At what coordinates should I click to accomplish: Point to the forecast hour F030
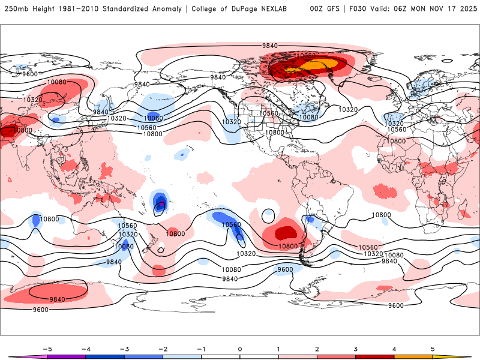pos(358,9)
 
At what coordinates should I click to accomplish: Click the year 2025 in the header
pos(462,9)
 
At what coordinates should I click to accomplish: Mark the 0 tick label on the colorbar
pos(240,349)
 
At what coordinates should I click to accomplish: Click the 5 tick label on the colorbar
pos(433,349)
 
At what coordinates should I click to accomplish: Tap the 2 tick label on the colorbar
pos(317,349)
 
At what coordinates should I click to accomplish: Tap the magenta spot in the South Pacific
pos(161,205)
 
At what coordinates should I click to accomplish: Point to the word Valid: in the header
pos(386,9)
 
